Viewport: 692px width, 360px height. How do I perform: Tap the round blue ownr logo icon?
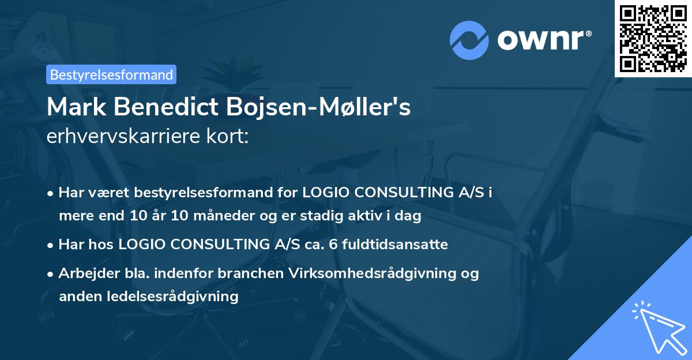click(x=469, y=40)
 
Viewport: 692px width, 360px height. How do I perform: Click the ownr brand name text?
click(x=544, y=39)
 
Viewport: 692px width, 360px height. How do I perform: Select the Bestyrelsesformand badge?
click(x=111, y=74)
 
